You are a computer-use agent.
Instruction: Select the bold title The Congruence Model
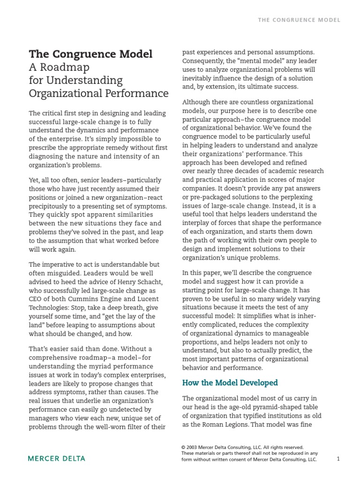(x=91, y=54)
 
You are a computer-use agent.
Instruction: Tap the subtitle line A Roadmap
(x=59, y=67)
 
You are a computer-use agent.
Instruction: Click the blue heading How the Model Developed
(x=230, y=382)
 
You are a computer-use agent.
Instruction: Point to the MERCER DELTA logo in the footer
(x=57, y=458)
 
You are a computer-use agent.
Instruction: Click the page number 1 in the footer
(x=338, y=459)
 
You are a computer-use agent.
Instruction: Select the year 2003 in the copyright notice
(x=194, y=447)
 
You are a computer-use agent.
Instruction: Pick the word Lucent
(x=149, y=300)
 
